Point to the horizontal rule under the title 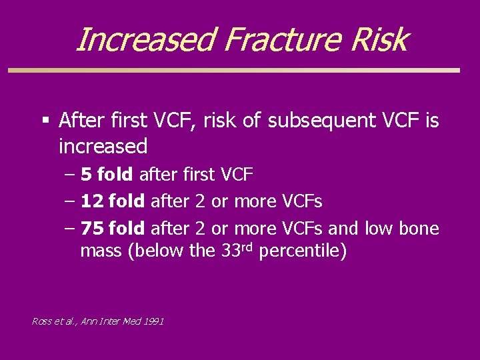click(x=233, y=70)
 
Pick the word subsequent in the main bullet click(x=321, y=121)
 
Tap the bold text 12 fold click(x=112, y=201)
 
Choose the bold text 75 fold click(x=112, y=229)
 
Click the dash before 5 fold click(x=70, y=175)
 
